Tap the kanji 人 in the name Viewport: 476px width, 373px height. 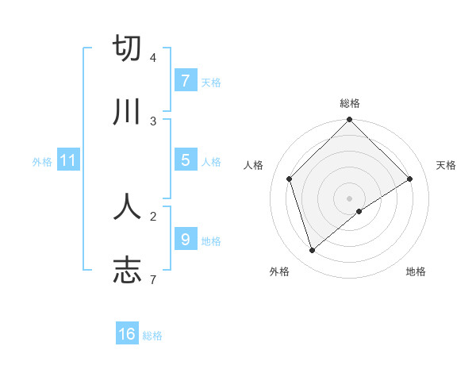tap(127, 206)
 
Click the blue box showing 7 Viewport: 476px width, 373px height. tap(185, 81)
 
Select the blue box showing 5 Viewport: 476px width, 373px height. tap(185, 160)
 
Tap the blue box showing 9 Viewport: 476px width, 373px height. tap(185, 239)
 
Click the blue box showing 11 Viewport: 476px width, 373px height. tap(68, 160)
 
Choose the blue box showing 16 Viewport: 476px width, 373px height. tap(127, 334)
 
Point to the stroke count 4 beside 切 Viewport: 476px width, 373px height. tap(152, 58)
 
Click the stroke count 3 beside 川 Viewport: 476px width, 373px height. tap(152, 121)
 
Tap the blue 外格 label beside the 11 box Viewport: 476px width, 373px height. tap(42, 161)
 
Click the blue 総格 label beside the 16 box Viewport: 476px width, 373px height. tap(152, 336)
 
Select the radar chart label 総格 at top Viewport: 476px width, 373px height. tap(350, 103)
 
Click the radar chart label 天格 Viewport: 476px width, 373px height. tap(446, 165)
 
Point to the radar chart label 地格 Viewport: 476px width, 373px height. tap(416, 271)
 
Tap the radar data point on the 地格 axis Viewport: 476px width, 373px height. tap(359, 211)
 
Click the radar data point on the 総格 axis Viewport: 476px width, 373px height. tap(350, 121)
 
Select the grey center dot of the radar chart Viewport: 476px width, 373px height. tap(350, 198)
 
